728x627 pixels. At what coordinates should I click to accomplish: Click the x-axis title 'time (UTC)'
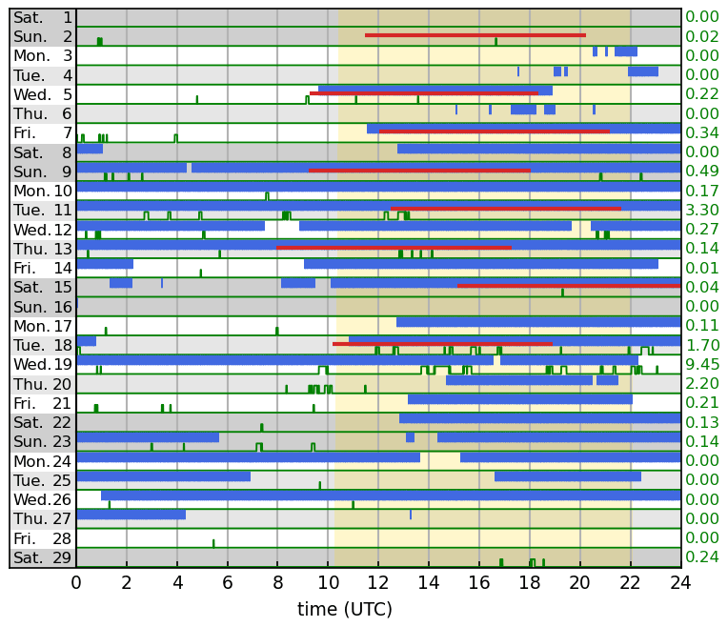pyautogui.click(x=344, y=609)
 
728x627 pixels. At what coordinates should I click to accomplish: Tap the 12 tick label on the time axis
pyautogui.click(x=378, y=582)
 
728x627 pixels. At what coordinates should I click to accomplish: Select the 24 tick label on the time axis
pyautogui.click(x=680, y=582)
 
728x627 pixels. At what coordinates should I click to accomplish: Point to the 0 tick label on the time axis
pyautogui.click(x=76, y=582)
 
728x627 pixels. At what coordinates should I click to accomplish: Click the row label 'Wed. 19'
pyautogui.click(x=43, y=364)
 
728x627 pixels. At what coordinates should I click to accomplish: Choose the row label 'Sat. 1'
pyautogui.click(x=43, y=17)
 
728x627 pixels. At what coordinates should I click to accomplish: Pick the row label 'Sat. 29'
pyautogui.click(x=43, y=557)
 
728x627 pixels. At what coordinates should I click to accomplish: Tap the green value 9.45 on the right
pyautogui.click(x=702, y=364)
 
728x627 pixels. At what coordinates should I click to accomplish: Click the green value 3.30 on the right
pyautogui.click(x=702, y=210)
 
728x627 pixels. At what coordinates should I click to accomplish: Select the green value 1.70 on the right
pyautogui.click(x=702, y=345)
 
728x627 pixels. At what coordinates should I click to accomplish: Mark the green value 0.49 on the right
pyautogui.click(x=702, y=171)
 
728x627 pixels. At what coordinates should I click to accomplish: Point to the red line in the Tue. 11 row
pyautogui.click(x=505, y=209)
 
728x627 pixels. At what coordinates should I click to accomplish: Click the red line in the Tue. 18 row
pyautogui.click(x=442, y=343)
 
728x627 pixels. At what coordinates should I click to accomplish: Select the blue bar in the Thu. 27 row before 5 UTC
pyautogui.click(x=131, y=515)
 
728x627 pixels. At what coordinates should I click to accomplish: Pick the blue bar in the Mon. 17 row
pyautogui.click(x=538, y=322)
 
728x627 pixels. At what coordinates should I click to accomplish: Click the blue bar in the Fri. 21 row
pyautogui.click(x=519, y=399)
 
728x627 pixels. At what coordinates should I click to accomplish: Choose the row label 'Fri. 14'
pyautogui.click(x=43, y=268)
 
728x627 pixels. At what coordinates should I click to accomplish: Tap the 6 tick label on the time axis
pyautogui.click(x=228, y=582)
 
